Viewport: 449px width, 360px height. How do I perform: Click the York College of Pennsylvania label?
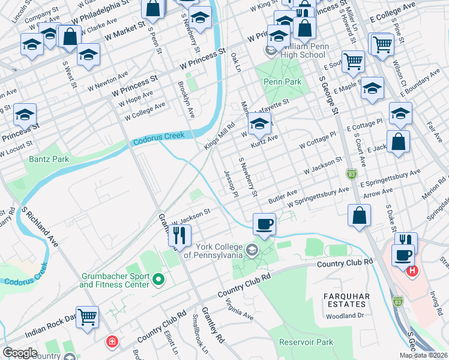tap(213, 250)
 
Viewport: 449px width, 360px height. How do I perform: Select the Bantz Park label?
tap(49, 160)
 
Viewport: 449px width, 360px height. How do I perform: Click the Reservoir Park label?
tap(306, 342)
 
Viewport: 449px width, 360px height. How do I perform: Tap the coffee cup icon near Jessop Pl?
tap(264, 224)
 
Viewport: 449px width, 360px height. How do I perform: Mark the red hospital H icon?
tap(412, 271)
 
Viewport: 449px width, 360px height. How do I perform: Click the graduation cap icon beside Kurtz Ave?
tap(259, 124)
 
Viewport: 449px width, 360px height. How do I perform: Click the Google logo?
tap(20, 353)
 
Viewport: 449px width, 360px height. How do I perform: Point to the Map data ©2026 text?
tap(423, 355)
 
